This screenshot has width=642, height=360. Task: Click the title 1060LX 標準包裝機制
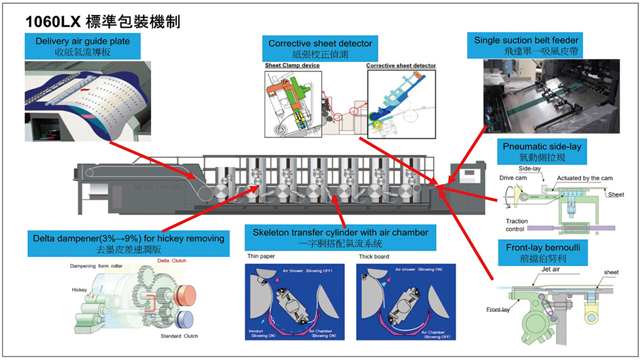click(103, 22)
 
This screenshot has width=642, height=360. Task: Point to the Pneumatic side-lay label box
click(542, 151)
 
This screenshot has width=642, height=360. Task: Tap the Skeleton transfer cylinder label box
click(340, 237)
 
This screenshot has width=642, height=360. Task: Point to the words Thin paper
click(261, 257)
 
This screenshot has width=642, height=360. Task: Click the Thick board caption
click(374, 257)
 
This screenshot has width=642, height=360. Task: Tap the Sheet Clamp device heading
click(292, 66)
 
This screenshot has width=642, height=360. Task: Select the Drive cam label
click(510, 178)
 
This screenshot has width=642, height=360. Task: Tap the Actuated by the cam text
click(584, 178)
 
